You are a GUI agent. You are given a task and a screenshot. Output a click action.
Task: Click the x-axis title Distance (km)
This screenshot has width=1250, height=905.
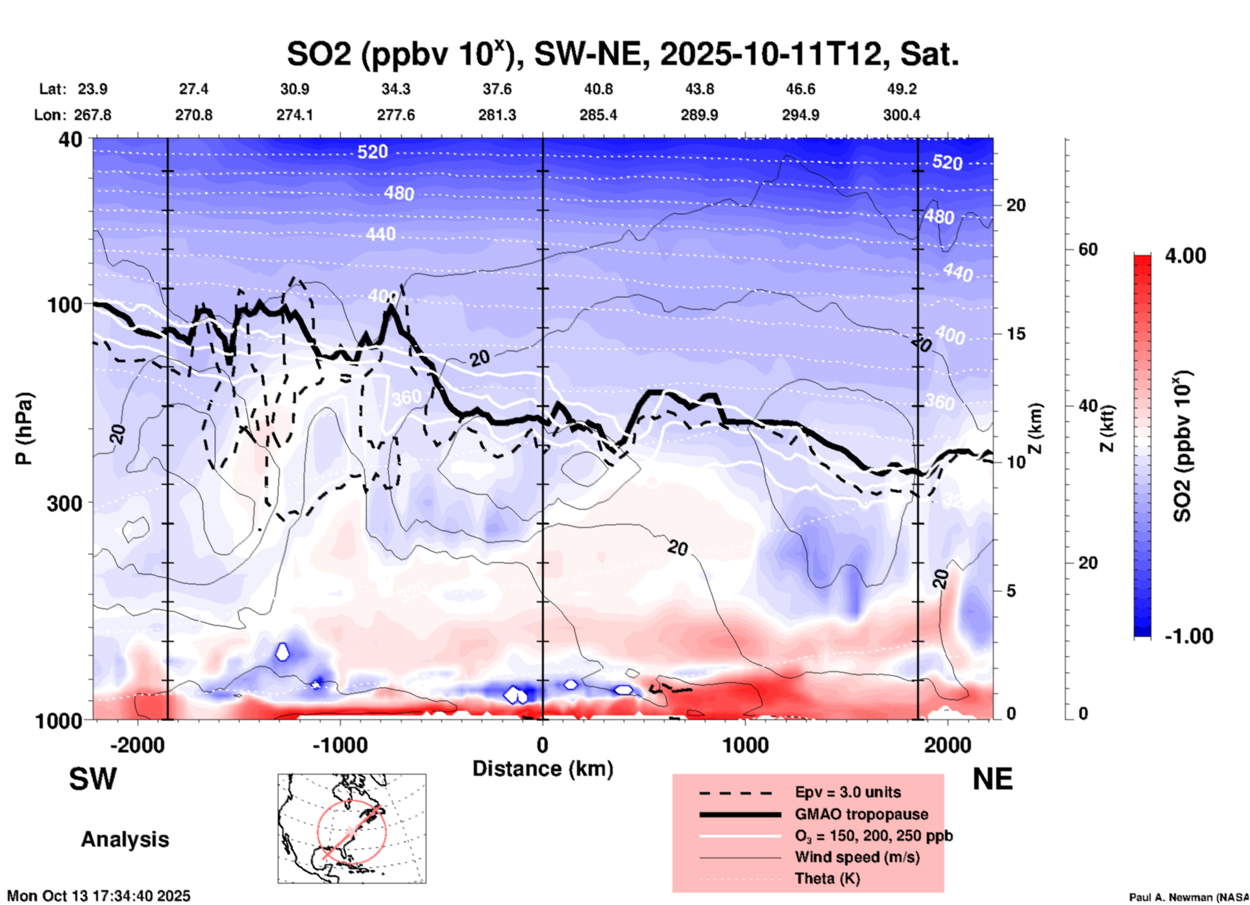point(543,769)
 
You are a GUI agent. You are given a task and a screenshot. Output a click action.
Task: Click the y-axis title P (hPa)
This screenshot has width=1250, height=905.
point(24,428)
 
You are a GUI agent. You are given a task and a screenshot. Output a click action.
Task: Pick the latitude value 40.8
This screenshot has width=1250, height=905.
point(598,89)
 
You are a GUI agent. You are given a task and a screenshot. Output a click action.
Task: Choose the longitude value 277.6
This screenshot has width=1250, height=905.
point(396,115)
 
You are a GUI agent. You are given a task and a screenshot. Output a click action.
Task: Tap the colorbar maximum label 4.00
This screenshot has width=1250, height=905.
point(1185,256)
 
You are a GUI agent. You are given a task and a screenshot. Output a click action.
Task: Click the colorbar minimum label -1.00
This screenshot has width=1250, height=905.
point(1188,636)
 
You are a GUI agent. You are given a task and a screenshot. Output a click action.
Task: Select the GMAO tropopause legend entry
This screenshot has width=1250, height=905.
point(861,814)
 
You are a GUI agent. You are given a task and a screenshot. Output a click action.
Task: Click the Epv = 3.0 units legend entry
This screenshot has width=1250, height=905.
point(848,792)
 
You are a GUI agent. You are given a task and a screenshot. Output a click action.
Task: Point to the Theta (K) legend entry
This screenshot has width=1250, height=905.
point(827,878)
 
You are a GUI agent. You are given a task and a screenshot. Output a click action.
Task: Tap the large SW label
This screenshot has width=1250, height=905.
point(93,779)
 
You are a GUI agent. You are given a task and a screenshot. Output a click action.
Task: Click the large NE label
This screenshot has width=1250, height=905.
point(992,779)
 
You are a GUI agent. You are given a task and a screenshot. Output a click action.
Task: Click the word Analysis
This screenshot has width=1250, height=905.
point(125,839)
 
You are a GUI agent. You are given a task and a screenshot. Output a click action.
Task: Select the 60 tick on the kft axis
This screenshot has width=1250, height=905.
point(1088,249)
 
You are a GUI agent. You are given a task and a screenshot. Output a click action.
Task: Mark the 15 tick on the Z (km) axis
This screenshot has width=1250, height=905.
point(1016,334)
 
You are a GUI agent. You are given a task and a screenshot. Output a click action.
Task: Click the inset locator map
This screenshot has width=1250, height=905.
point(352,828)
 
